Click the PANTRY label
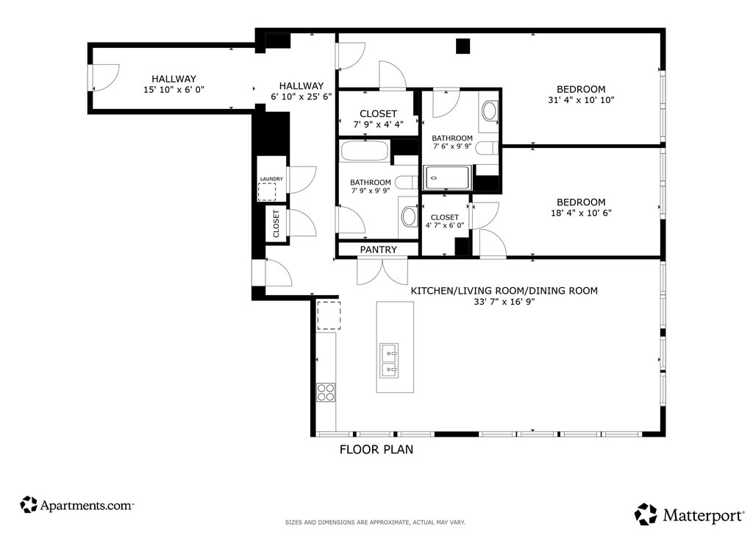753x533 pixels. (x=379, y=250)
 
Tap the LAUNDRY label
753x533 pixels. (x=271, y=179)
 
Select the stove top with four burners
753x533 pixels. (x=326, y=392)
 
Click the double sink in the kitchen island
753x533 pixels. (x=389, y=361)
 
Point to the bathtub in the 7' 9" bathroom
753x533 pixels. (x=365, y=150)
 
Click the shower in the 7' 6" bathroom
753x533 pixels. (x=447, y=178)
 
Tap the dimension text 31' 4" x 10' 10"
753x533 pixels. (x=581, y=100)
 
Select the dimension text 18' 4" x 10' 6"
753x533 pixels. (x=581, y=213)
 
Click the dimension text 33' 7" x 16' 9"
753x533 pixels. (x=504, y=302)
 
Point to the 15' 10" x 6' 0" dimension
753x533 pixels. (x=174, y=89)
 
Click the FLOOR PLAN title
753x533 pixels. (x=376, y=449)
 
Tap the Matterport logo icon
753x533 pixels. (x=646, y=515)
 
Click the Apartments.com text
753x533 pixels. (x=87, y=506)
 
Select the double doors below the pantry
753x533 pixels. (x=382, y=272)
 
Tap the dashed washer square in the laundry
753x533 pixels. (x=267, y=191)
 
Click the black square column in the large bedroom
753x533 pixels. (x=463, y=46)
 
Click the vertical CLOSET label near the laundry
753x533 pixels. (x=276, y=224)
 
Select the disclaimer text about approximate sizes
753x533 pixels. (x=375, y=522)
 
